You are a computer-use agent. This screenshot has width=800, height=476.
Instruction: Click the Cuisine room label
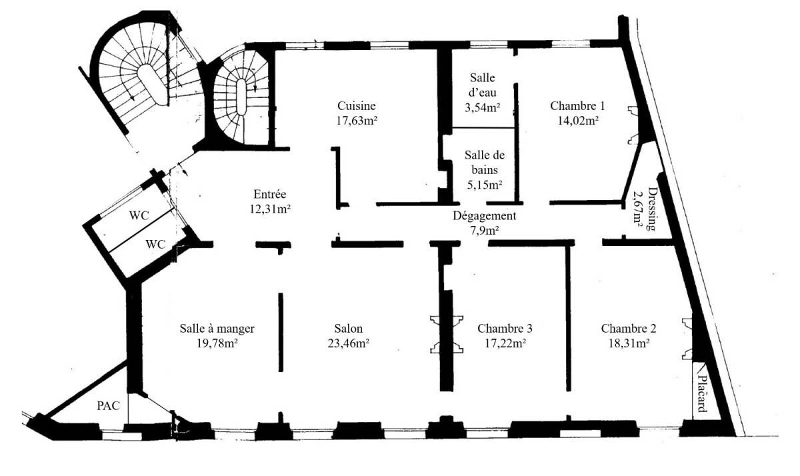click(x=357, y=106)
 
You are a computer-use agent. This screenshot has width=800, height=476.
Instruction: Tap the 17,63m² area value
click(x=357, y=121)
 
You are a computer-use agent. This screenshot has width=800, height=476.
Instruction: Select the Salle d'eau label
click(x=482, y=85)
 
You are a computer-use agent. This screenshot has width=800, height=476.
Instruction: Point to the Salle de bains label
click(x=485, y=162)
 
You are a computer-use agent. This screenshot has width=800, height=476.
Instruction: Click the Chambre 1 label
click(x=577, y=106)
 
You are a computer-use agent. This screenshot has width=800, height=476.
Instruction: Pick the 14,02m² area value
click(x=578, y=121)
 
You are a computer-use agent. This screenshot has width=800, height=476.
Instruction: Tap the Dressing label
click(x=652, y=209)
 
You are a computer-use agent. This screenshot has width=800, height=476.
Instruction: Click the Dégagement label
click(x=485, y=216)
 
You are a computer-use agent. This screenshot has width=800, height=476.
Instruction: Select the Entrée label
click(x=269, y=194)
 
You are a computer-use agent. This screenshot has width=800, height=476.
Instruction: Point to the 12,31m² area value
click(x=269, y=209)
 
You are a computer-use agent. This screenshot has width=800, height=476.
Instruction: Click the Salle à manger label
click(x=217, y=329)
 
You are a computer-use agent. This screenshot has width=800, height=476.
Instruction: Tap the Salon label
click(x=349, y=329)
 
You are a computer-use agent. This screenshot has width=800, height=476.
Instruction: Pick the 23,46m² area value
click(x=349, y=343)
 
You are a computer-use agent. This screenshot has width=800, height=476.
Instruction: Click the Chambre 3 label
click(x=505, y=329)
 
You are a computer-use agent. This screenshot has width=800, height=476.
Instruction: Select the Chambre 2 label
click(x=629, y=329)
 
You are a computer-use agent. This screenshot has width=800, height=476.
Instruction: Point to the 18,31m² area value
click(x=629, y=343)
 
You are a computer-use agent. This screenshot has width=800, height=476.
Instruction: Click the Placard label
click(x=702, y=393)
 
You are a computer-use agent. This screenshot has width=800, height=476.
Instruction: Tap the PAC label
click(x=108, y=405)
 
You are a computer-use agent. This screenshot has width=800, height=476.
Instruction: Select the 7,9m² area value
click(x=484, y=231)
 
